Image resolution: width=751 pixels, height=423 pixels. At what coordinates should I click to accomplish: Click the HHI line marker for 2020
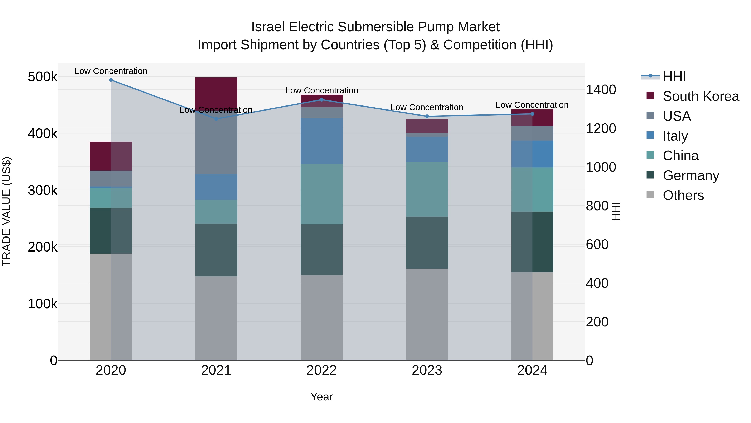click(111, 80)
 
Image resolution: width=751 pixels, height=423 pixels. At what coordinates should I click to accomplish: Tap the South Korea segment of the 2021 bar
click(216, 90)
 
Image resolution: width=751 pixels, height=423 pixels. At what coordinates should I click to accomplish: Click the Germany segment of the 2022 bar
click(321, 250)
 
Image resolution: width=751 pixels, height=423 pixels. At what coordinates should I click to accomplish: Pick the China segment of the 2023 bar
click(427, 189)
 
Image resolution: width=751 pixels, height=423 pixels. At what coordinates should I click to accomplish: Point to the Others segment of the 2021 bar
click(216, 318)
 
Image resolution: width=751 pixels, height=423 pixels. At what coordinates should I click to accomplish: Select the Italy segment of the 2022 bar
click(321, 141)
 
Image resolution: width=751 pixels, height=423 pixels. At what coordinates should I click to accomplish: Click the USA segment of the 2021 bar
click(216, 146)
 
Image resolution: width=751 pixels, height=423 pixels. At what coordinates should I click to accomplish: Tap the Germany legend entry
click(691, 175)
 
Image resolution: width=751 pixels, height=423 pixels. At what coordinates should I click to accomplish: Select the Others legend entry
click(683, 195)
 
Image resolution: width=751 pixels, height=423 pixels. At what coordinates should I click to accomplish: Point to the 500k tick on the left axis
click(43, 77)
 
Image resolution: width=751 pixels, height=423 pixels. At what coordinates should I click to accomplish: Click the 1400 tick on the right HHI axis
click(601, 90)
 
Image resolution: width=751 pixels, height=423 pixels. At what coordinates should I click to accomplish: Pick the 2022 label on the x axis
click(321, 370)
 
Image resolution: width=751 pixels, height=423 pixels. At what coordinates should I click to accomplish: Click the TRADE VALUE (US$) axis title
click(6, 211)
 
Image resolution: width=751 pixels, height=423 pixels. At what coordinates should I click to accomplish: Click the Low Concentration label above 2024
click(532, 105)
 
